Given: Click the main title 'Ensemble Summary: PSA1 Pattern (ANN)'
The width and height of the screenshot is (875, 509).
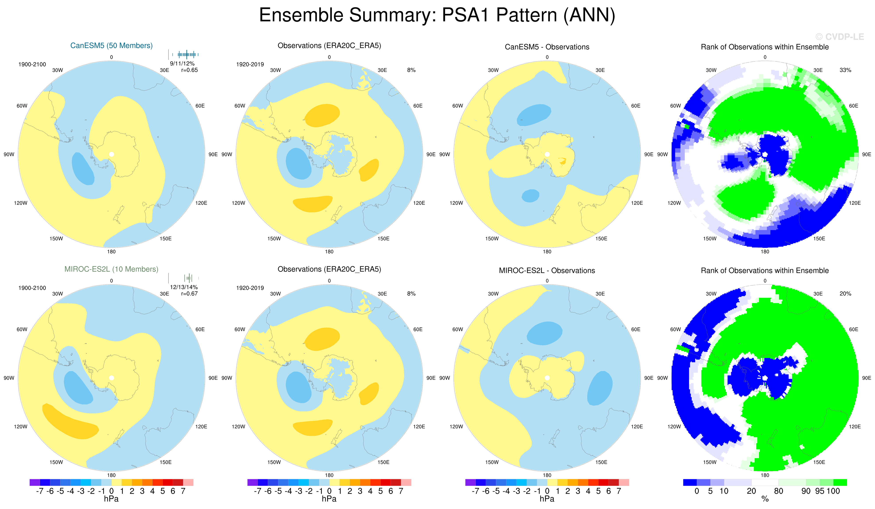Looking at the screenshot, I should pos(437,15).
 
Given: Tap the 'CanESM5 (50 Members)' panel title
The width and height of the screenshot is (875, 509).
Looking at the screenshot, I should pos(112,46).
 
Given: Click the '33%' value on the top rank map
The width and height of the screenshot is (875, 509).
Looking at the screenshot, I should pos(845,70).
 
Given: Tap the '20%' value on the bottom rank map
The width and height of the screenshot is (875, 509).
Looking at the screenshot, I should pos(845,294).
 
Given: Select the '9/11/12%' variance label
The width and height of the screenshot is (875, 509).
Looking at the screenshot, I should pos(182,63).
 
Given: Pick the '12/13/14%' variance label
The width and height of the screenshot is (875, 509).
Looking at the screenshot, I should pos(184,287).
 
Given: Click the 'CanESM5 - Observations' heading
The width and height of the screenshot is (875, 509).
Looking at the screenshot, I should pos(547,47).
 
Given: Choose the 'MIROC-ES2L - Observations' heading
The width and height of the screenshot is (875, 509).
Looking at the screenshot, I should pos(547,270).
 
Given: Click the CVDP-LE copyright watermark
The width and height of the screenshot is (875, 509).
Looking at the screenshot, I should pos(840,37).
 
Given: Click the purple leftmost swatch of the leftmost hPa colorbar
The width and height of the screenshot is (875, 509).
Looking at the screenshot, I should pos(35,482).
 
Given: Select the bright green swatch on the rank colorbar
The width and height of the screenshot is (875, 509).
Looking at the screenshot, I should pos(840,482).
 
